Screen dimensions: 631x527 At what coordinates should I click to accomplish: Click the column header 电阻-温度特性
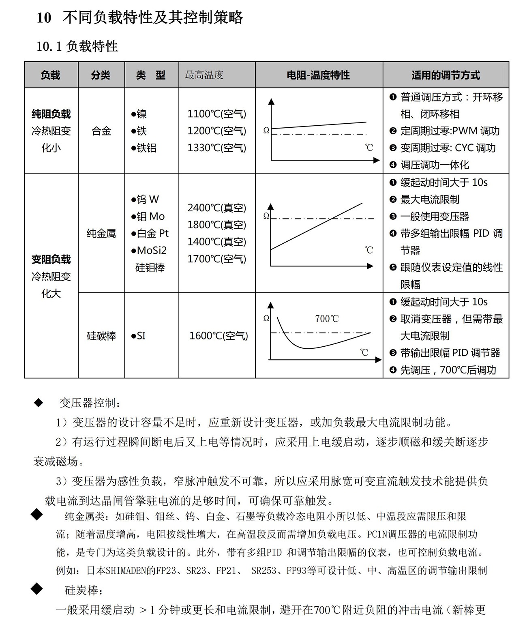click(318, 75)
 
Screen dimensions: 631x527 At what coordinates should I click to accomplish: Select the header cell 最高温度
click(204, 75)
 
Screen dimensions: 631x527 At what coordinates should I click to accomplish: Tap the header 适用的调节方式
click(446, 75)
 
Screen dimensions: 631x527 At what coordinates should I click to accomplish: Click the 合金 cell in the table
click(101, 131)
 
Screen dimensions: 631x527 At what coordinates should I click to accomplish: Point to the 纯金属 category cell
click(101, 233)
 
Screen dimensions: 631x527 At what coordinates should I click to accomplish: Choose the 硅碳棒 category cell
click(101, 336)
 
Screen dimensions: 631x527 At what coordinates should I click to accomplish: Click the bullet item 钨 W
click(145, 199)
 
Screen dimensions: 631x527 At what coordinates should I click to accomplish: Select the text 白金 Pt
click(150, 233)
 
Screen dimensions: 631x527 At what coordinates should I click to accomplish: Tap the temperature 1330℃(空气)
click(217, 148)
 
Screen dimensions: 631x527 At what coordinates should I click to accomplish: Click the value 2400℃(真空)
click(217, 208)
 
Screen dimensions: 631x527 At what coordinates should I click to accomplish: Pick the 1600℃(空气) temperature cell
click(219, 336)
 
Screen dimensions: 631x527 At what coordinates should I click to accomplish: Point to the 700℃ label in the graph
click(327, 319)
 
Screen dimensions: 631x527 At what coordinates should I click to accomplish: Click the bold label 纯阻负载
click(51, 114)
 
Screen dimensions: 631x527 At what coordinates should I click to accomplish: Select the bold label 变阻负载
click(51, 259)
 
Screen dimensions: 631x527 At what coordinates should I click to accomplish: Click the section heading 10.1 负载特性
click(77, 46)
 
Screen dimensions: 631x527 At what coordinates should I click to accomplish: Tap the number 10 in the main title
click(44, 18)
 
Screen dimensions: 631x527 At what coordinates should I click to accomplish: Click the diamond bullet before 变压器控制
click(39, 403)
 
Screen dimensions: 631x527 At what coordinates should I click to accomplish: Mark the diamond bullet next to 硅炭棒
click(37, 589)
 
